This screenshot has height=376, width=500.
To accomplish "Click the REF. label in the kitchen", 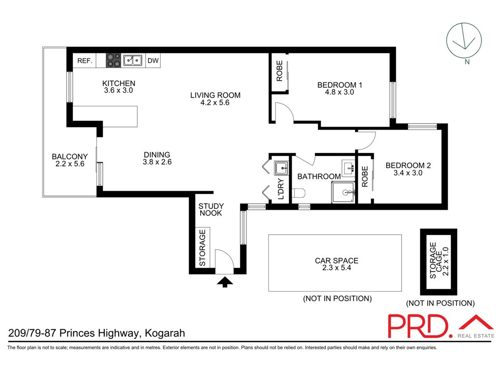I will (84, 61).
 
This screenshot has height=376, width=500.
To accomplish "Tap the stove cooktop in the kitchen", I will (113, 61).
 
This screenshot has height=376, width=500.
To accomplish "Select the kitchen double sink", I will (133, 61).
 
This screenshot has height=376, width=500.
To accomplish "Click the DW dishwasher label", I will (153, 61).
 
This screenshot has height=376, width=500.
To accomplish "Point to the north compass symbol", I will (463, 41).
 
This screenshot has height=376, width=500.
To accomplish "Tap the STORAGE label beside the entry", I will (202, 248).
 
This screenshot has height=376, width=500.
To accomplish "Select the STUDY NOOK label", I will (211, 210).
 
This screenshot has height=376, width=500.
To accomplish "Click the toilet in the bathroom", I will (298, 193).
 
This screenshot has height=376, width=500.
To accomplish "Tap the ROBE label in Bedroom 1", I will (280, 71).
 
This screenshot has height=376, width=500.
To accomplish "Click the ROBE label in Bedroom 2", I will (365, 177).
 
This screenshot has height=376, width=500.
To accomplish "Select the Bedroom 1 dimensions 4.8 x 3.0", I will (340, 92).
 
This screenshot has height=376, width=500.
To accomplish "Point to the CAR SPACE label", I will (336, 261).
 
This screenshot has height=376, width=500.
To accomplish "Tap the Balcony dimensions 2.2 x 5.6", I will (69, 164).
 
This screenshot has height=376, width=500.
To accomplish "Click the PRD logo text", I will (418, 326).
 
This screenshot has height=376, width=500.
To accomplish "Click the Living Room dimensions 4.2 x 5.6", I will (215, 102).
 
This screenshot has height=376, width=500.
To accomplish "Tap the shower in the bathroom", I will (343, 193).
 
